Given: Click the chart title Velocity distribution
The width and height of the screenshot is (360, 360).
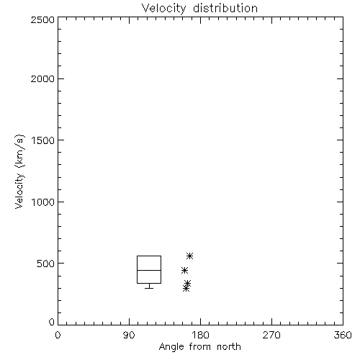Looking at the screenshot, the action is [x=199, y=8].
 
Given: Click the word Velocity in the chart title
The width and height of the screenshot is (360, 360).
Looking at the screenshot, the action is [x=164, y=9].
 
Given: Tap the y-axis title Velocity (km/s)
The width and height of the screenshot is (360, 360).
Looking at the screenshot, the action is [x=19, y=171].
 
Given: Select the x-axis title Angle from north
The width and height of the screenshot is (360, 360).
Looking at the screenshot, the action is [x=199, y=347].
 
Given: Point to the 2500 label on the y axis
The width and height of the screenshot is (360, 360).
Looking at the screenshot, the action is [x=42, y=19].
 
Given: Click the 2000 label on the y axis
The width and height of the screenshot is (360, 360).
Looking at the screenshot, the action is [x=42, y=78].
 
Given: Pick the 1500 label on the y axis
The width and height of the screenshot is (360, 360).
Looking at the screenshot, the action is [x=43, y=140].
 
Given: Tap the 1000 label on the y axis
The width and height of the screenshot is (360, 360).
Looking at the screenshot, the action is [x=43, y=202].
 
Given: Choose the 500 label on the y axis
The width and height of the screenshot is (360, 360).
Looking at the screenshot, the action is [x=46, y=264].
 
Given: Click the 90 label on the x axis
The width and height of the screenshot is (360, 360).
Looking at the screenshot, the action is [x=129, y=335].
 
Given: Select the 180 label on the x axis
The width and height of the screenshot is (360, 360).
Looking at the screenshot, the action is [x=200, y=335].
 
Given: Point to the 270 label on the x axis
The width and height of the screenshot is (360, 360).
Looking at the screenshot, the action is [x=271, y=335].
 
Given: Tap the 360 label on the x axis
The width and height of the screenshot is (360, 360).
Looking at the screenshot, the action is [x=343, y=335].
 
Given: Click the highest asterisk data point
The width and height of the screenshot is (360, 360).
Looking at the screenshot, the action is [x=189, y=256].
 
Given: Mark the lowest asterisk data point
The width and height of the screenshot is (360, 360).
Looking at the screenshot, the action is [x=186, y=288].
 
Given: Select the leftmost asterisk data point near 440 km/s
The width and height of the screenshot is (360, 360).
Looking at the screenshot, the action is [x=184, y=271].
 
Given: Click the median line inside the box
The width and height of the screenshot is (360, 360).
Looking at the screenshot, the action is [x=149, y=270].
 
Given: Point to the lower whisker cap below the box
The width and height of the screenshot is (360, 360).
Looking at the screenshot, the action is [x=149, y=288].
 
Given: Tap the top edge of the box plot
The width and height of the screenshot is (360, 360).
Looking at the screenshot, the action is [x=149, y=256].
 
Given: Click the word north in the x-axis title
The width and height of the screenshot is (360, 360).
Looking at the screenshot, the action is [x=229, y=347].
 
